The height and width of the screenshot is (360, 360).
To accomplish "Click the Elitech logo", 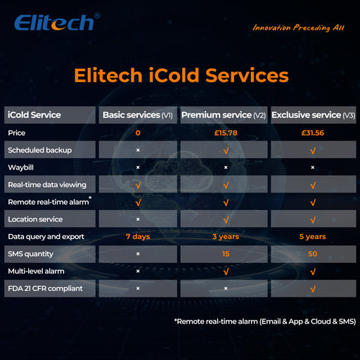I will click(55, 22).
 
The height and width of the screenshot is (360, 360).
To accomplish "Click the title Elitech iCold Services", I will click(180, 75).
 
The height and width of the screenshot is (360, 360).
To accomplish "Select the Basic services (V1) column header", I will click(138, 115).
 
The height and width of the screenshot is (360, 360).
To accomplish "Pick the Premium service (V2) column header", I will click(225, 115).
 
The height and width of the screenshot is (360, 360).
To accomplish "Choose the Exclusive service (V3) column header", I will click(312, 115).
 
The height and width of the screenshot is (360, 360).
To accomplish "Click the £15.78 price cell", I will click(225, 132).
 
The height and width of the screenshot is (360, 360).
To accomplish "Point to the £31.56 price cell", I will click(312, 132).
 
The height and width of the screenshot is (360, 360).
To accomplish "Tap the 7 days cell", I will click(138, 236).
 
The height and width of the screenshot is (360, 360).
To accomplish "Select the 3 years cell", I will click(225, 236).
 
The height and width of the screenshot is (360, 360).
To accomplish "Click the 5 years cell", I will click(312, 236).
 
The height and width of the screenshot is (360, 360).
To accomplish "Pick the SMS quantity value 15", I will click(225, 253).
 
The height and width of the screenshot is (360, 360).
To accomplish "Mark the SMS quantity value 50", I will click(312, 253).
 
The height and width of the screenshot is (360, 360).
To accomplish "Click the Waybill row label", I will click(20, 167).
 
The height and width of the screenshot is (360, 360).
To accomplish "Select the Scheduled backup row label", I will click(39, 150).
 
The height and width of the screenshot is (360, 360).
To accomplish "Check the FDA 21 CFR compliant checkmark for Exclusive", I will click(312, 288).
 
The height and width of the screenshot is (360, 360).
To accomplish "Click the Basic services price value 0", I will click(138, 132).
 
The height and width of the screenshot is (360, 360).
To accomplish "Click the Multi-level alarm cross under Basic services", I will click(138, 271).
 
